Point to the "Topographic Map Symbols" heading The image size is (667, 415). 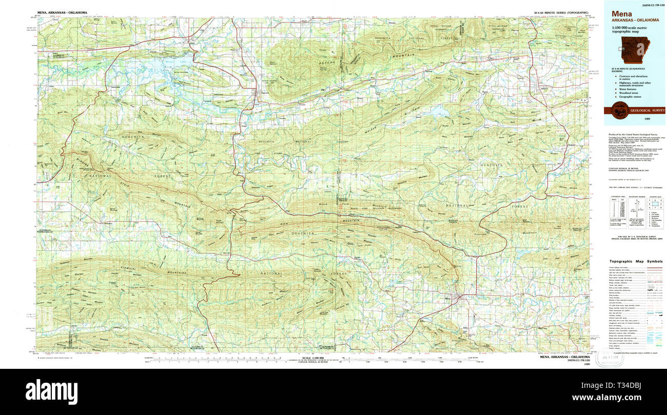click(635, 261)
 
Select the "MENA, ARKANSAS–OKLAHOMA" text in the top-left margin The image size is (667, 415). click(62, 12)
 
